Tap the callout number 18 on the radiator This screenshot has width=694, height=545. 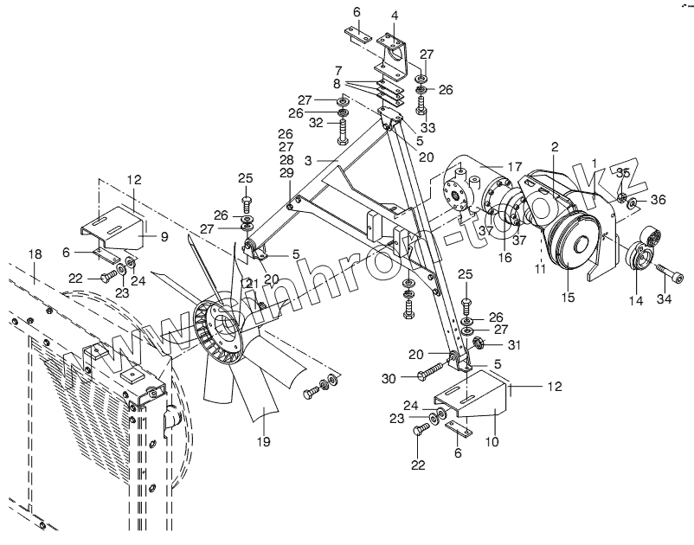pos(35,253)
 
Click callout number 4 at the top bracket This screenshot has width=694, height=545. pos(395,16)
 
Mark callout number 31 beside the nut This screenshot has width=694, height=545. pos(515,346)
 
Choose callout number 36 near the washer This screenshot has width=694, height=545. pos(659,202)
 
